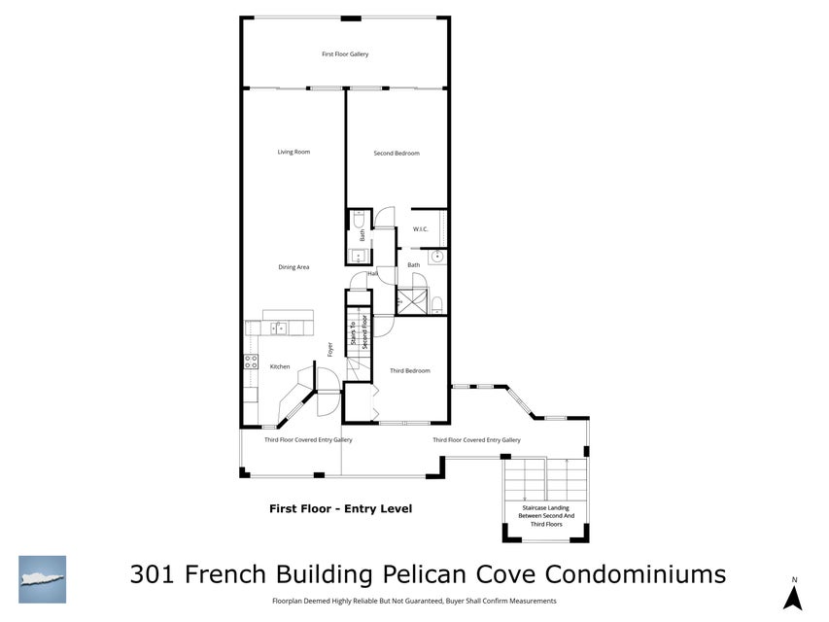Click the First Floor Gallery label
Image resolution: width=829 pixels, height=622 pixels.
tap(345, 54)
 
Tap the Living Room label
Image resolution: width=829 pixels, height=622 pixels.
tap(294, 152)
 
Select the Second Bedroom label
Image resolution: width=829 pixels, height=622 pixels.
tap(397, 153)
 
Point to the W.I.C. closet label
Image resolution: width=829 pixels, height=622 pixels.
tap(421, 229)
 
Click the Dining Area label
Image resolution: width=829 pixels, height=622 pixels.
tap(294, 267)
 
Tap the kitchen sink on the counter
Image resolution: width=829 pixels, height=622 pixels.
tap(278, 328)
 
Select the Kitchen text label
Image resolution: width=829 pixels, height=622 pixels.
tap(280, 366)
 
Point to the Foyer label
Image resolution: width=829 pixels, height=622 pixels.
tap(330, 349)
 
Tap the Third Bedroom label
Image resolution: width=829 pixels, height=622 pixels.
tap(409, 370)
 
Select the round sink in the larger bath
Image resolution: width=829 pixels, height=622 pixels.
tap(437, 257)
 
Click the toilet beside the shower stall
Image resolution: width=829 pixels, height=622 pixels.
tap(436, 304)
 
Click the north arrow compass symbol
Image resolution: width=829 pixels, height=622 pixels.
tap(792, 597)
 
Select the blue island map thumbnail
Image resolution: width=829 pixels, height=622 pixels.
tap(43, 579)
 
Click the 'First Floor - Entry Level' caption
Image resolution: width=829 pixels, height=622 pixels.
tap(340, 508)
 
